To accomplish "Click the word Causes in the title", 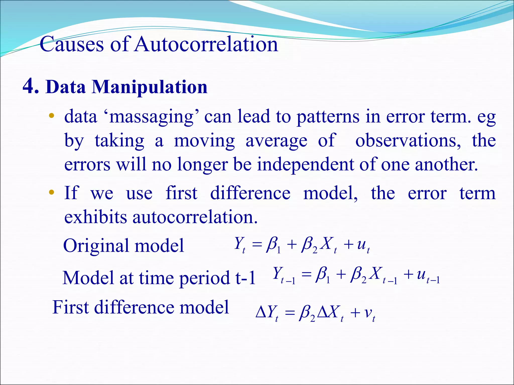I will [72, 44].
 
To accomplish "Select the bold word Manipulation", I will [150, 87].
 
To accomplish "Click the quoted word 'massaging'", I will [154, 117].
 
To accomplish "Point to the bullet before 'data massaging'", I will [51, 116].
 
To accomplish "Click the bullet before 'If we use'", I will [51, 192].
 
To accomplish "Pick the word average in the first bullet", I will [276, 141].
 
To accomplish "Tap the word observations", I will [408, 141].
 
